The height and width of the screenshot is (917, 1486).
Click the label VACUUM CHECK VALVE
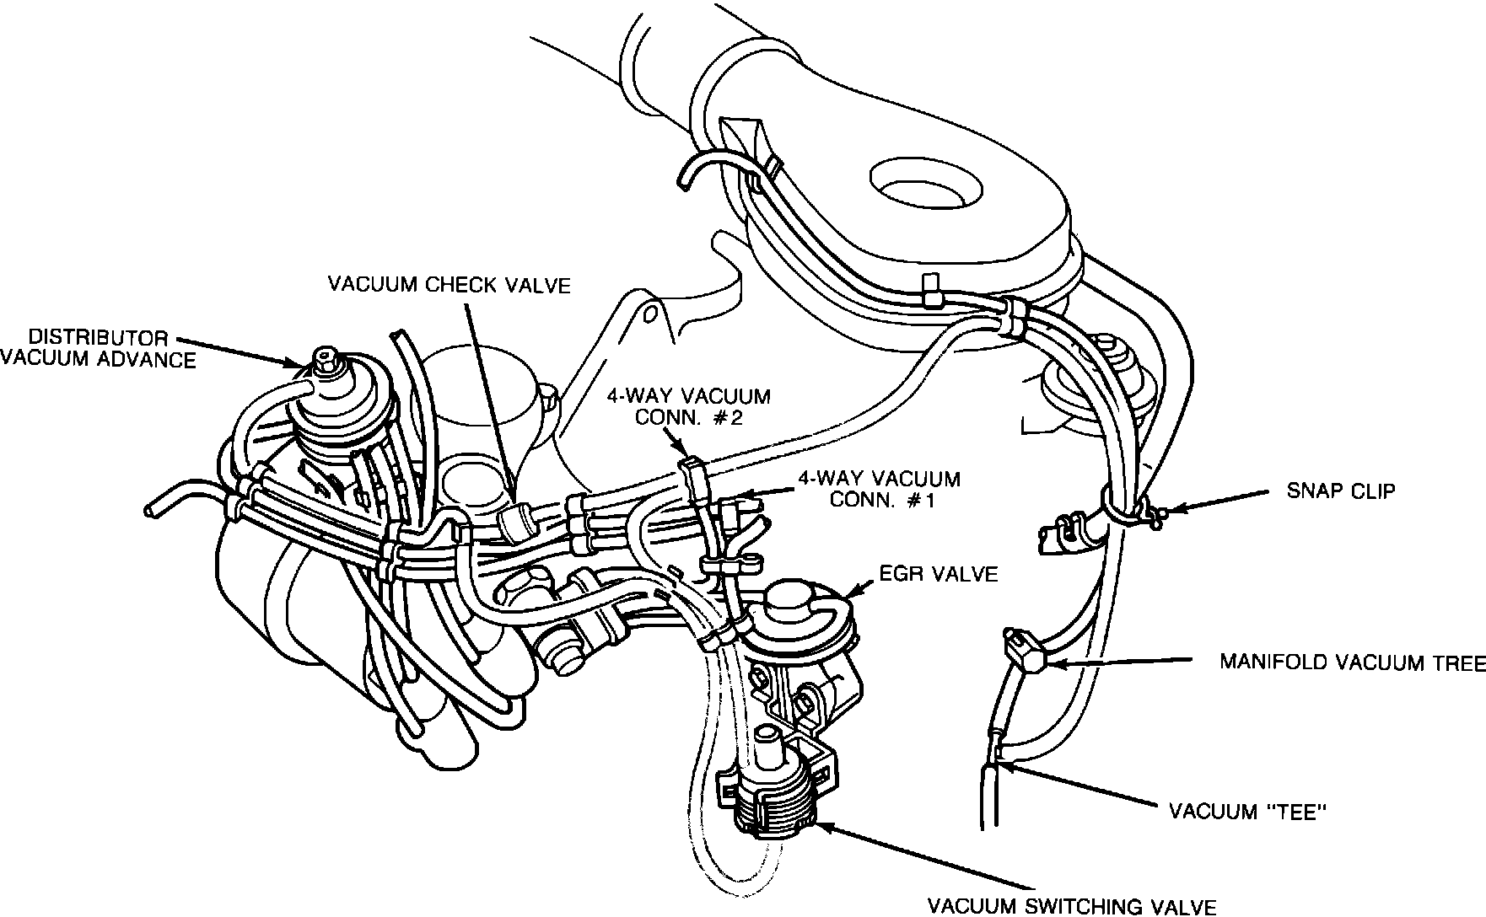[x=449, y=285]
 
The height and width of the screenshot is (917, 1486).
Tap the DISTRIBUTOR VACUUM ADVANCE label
[x=97, y=349]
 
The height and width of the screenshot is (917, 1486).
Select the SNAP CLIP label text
[x=1340, y=491]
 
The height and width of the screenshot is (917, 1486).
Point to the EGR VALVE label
[x=937, y=575]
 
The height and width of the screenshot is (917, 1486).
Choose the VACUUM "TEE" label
[x=1248, y=812]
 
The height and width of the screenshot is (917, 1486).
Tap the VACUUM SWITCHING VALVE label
[x=1071, y=907]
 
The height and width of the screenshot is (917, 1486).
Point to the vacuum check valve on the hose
[x=516, y=520]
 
